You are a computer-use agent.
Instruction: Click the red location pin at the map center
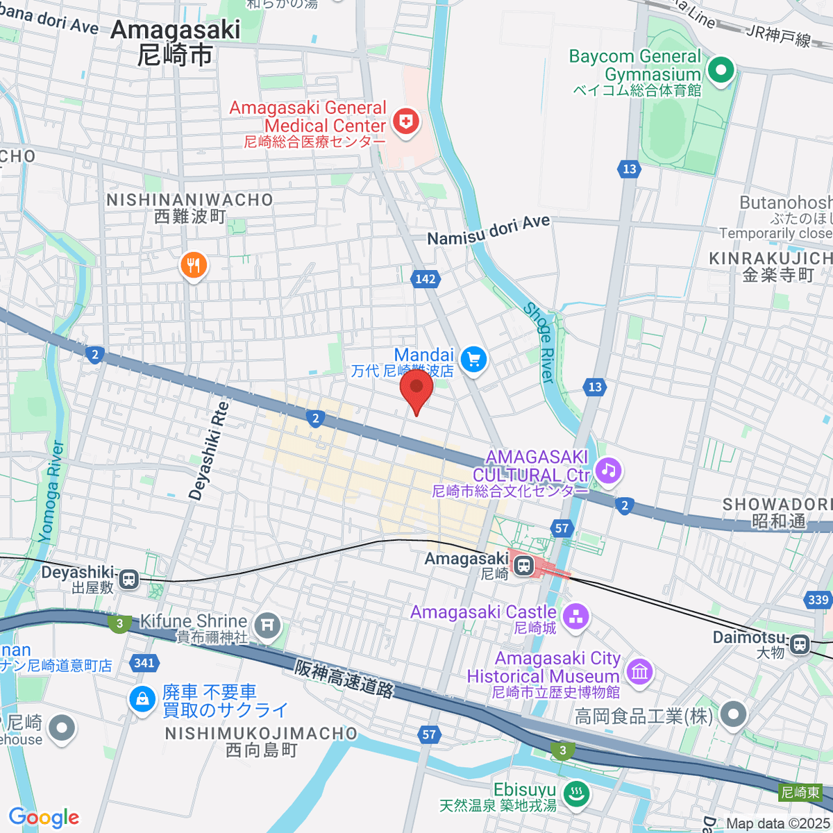click(416, 389)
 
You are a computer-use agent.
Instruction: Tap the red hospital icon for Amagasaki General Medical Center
click(406, 123)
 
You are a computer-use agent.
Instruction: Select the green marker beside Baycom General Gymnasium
click(721, 69)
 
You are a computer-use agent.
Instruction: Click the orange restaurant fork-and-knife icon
click(194, 266)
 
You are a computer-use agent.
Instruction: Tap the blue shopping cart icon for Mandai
click(473, 360)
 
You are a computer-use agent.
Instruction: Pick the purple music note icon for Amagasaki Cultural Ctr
click(609, 470)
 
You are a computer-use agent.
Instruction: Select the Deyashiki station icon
click(128, 579)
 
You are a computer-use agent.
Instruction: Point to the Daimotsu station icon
click(800, 644)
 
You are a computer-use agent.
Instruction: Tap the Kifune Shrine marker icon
click(267, 626)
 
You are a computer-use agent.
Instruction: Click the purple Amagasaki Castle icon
click(575, 616)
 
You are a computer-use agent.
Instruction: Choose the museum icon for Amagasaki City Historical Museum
click(639, 671)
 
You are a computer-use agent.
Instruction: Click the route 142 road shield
click(426, 279)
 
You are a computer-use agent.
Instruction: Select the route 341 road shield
click(144, 663)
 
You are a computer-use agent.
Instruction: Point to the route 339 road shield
click(818, 600)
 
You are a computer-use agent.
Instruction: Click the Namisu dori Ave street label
click(488, 230)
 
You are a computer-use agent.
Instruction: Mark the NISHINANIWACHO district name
click(190, 200)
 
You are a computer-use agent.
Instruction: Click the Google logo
click(44, 817)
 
